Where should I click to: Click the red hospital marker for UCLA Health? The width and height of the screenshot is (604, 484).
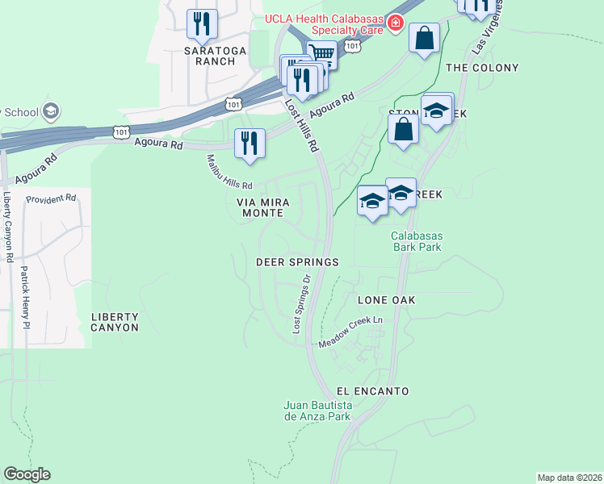tap(395, 23)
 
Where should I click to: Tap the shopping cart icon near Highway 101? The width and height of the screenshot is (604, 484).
tap(321, 55)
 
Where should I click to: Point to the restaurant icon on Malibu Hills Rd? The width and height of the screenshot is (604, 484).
tap(250, 143)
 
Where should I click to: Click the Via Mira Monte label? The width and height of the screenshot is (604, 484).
tap(261, 207)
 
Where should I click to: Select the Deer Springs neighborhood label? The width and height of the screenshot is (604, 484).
tap(296, 262)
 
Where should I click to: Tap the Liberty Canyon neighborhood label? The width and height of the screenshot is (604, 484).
tap(115, 322)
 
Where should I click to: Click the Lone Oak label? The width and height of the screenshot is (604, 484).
tap(386, 299)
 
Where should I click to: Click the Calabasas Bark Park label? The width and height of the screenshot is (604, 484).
tap(417, 241)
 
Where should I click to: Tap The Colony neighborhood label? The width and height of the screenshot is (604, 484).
tap(482, 68)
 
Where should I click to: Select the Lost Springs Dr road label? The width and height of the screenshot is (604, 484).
tap(301, 305)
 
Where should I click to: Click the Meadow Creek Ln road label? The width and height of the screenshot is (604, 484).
tap(350, 332)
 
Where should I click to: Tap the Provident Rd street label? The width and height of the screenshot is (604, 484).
tap(50, 198)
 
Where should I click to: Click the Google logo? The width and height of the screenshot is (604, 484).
tap(27, 474)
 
